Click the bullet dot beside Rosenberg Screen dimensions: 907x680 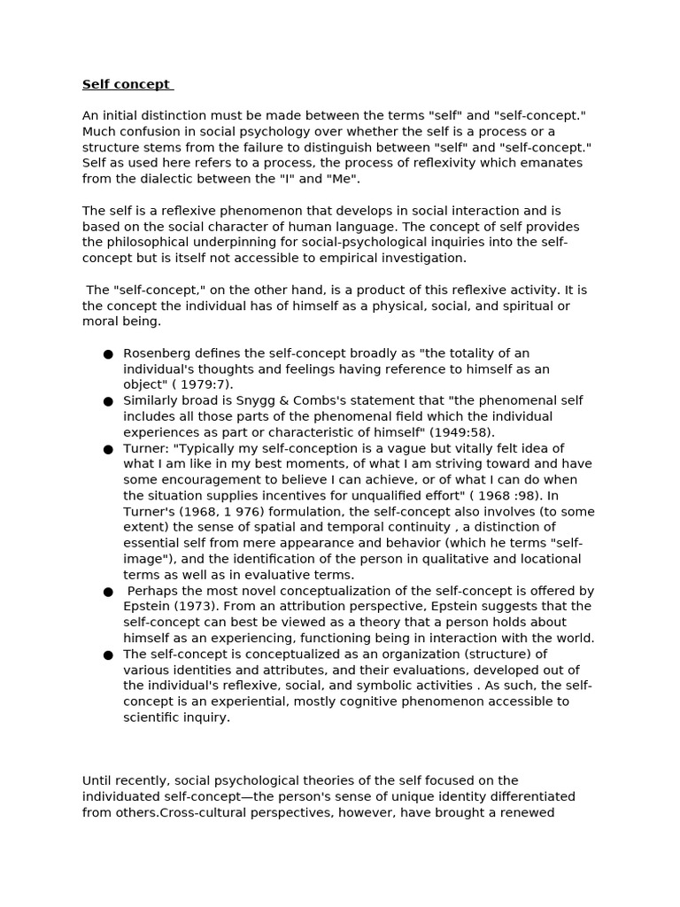pos(108,354)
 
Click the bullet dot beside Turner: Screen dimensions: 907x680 pos(108,449)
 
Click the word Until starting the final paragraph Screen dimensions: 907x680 pos(100,780)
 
